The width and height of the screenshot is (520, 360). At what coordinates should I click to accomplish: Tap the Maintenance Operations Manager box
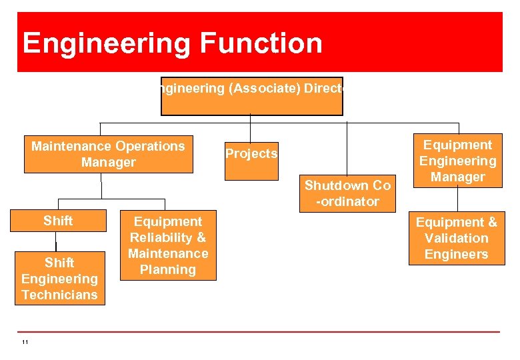point(108,154)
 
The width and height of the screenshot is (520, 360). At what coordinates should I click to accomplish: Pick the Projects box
point(251,161)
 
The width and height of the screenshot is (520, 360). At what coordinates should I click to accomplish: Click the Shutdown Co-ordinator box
point(347,193)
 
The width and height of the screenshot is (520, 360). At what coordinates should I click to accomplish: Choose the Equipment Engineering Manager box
point(457,161)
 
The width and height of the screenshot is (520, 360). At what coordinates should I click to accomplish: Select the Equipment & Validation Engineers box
point(457,238)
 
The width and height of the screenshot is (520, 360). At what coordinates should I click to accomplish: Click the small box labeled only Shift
point(59,221)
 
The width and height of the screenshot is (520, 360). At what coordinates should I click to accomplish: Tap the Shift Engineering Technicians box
point(59,279)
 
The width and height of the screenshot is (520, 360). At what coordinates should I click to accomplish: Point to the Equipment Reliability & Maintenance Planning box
point(168,246)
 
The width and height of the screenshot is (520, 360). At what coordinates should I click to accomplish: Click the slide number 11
point(25,343)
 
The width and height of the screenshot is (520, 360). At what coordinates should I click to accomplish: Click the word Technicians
point(59,295)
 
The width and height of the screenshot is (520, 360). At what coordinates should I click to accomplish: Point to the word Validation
point(457,238)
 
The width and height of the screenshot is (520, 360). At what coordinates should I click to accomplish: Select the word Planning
point(168,270)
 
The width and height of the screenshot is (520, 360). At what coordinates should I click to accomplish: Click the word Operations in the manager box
point(150,146)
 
